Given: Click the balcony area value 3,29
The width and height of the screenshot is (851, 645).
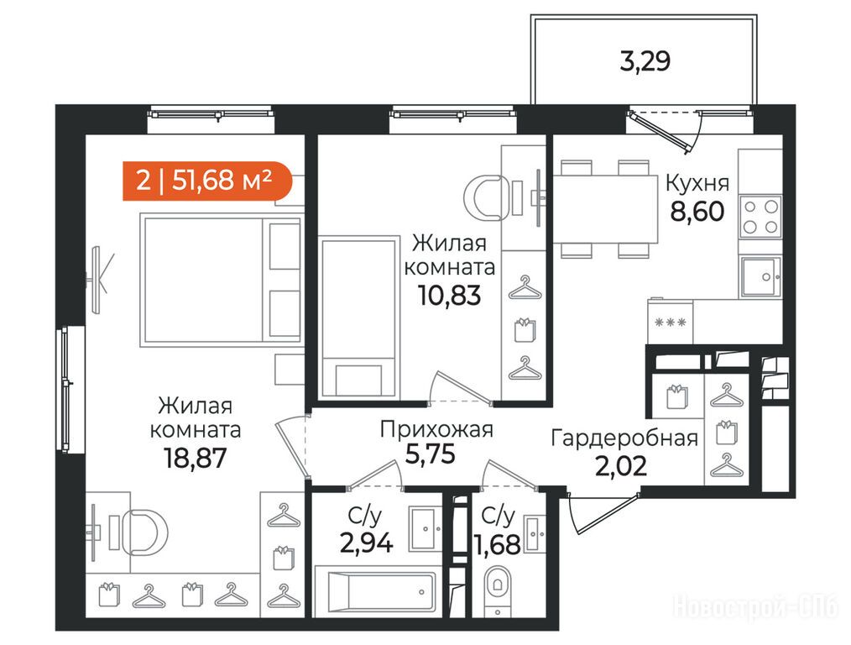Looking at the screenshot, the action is point(645,60).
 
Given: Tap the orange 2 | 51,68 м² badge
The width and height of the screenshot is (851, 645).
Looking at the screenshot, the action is point(207,181).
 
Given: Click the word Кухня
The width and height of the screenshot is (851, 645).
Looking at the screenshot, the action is point(697,184).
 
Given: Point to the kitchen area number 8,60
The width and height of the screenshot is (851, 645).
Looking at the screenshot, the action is point(697,211).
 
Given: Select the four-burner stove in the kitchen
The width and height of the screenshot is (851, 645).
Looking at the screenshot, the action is point(760,217).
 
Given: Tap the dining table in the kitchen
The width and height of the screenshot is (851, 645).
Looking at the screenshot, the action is point(605,209).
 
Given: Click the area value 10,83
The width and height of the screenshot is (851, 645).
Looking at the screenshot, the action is point(449,296).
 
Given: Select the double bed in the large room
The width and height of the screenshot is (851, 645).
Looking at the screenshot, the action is point(222,280).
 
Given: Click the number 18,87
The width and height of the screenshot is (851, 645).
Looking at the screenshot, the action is point(195,459).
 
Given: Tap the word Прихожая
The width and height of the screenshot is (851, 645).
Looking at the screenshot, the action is point(436,429).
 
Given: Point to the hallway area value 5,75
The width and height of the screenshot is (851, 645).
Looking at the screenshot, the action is point(431,454).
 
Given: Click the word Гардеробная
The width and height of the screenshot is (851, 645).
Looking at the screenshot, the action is point(624,438).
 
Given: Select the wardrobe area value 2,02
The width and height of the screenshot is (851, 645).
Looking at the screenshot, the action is point(621,466).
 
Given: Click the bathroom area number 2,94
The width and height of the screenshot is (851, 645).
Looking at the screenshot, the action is point(367,543).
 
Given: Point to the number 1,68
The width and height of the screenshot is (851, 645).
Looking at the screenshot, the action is point(499,544).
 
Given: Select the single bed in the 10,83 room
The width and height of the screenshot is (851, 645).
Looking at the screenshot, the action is point(358,317).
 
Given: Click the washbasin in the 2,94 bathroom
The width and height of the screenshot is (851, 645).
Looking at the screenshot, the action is point(425,529).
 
